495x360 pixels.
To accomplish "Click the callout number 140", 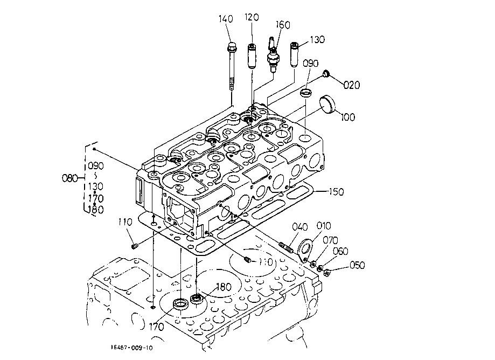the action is click(226, 19).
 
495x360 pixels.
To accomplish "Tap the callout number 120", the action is click(252, 17).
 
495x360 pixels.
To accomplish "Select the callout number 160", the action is click(283, 25).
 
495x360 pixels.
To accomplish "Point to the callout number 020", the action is click(352, 85).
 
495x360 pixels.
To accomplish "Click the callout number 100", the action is click(348, 117).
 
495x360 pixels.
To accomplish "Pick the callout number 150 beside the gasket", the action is click(336, 192).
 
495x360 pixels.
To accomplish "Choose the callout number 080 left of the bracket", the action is click(69, 178).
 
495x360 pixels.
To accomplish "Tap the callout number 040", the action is click(299, 226).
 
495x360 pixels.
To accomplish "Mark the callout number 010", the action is click(324, 226).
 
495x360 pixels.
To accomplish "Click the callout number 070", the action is click(330, 240).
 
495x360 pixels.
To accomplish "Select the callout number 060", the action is click(340, 251).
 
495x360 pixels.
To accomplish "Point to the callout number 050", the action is click(357, 265).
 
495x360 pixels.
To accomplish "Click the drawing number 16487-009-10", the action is click(131, 348).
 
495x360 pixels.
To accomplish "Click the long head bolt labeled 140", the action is click(232, 66).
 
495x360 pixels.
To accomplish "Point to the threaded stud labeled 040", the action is click(286, 247).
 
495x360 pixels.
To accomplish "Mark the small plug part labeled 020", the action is click(326, 74).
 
